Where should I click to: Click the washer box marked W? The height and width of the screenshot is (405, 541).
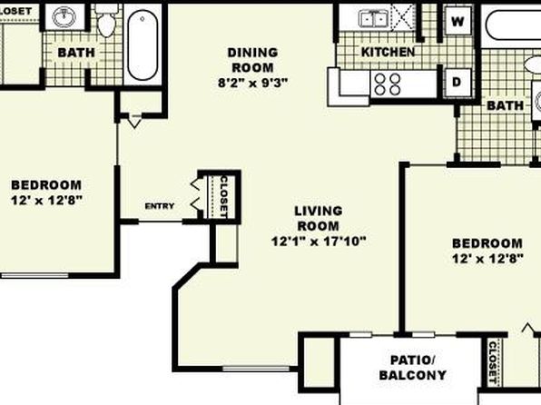click(457, 21)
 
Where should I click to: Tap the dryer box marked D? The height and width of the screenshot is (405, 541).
click(457, 82)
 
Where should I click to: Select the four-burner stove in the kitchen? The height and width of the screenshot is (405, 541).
click(388, 84)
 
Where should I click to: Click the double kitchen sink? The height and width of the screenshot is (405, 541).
click(373, 19)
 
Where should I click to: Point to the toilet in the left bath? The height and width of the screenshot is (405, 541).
click(106, 22)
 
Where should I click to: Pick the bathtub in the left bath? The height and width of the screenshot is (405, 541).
click(143, 44)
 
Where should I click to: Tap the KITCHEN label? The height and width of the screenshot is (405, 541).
click(388, 52)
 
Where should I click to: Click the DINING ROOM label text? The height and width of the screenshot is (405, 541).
click(253, 60)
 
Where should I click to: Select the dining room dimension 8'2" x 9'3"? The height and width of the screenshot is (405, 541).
click(253, 83)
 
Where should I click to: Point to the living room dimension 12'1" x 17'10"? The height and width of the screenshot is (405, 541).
click(319, 241)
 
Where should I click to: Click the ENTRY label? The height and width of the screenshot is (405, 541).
click(160, 206)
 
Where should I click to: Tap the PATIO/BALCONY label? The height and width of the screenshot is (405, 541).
click(413, 368)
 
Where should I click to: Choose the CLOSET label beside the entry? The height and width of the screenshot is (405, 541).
click(224, 197)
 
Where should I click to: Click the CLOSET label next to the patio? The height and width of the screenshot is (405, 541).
click(492, 362)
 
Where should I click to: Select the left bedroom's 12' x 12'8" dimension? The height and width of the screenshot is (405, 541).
click(47, 201)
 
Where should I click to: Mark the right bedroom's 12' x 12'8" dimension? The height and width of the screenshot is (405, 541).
click(487, 258)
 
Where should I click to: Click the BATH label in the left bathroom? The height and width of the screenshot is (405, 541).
click(76, 53)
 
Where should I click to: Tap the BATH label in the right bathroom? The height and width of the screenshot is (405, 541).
click(505, 105)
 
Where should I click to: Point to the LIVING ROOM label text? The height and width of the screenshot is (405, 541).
click(319, 218)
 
